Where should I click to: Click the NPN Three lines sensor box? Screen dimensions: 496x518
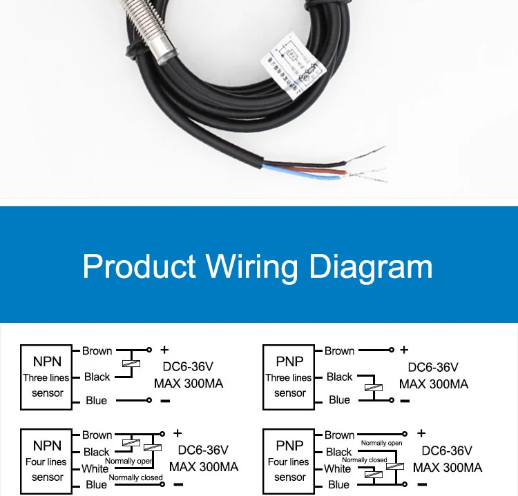pos(47,377)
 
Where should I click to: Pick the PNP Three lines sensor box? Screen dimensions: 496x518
pos(289,377)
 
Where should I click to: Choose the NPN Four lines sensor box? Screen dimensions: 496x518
pos(47,461)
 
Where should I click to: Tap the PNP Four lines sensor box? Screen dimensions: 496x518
pos(289,461)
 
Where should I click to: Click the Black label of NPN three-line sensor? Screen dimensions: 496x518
pos(97,377)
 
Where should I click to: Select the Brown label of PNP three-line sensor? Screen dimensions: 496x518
pos(339,351)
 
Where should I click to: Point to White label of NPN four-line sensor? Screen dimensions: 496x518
pos(95,469)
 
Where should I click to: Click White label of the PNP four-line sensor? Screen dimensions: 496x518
pos(338,469)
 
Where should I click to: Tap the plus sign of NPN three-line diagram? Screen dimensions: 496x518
pos(164,350)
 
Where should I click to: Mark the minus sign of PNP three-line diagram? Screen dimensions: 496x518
pos(405,401)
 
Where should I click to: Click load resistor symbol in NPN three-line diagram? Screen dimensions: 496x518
pos(131,364)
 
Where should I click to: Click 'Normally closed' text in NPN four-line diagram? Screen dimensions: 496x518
pos(136,477)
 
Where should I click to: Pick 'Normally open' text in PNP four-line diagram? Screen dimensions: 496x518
pos(381,444)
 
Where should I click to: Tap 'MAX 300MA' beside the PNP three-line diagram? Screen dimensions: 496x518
pos(434,384)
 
